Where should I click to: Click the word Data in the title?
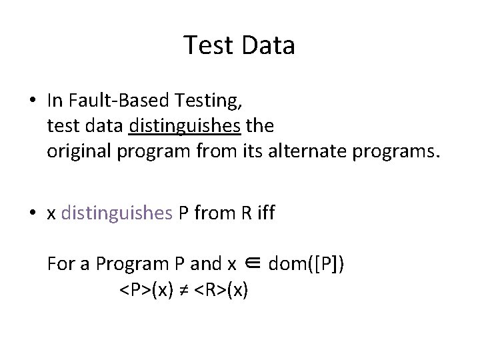[x=269, y=46]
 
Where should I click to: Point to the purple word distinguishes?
[x=117, y=213]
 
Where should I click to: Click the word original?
[x=79, y=151]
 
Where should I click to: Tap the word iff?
[x=265, y=213]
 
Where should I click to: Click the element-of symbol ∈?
[x=253, y=265]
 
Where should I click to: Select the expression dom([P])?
[x=307, y=265]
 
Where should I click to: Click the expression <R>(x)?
[x=221, y=291]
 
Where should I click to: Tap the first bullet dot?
[x=32, y=101]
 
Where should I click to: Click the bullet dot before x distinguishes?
[x=32, y=214]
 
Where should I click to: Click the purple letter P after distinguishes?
[x=183, y=213]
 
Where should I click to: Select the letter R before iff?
[x=246, y=213]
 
